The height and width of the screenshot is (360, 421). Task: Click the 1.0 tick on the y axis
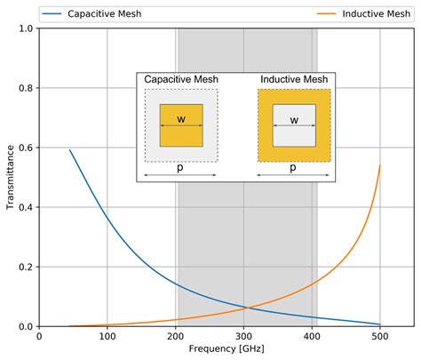[x=27, y=28]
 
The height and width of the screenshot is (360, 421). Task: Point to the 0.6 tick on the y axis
[x=27, y=148]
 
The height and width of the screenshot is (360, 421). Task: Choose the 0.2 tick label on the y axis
[x=27, y=267]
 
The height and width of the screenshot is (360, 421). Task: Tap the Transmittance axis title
[x=10, y=178]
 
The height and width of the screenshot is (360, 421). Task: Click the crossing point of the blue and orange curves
[x=251, y=308]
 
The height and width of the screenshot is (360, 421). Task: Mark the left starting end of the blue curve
[x=70, y=150]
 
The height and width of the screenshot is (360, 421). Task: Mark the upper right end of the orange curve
[x=380, y=165]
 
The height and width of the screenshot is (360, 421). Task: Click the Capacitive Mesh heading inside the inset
[x=181, y=80]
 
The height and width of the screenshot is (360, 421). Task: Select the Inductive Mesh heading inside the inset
[x=294, y=80]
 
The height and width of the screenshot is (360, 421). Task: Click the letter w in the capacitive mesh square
[x=181, y=119]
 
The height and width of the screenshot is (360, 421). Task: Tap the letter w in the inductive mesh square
[x=294, y=119]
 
